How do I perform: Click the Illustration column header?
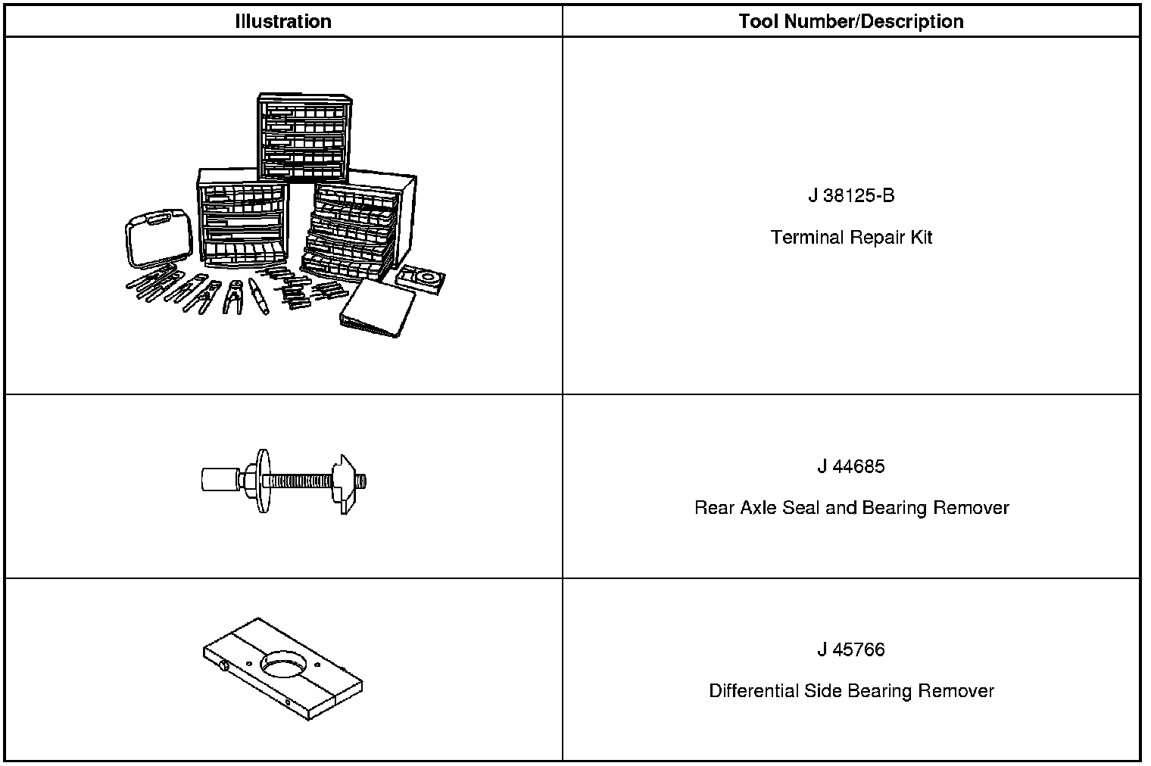pyautogui.click(x=282, y=21)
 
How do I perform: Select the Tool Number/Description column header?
pyautogui.click(x=851, y=21)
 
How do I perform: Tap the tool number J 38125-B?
pyautogui.click(x=851, y=196)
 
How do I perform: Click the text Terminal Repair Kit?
pyautogui.click(x=851, y=238)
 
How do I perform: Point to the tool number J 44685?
pyautogui.click(x=851, y=466)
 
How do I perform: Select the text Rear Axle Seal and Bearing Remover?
pyautogui.click(x=851, y=507)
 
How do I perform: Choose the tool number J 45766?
pyautogui.click(x=851, y=649)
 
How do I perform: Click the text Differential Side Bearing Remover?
pyautogui.click(x=851, y=691)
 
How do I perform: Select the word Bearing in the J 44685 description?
pyautogui.click(x=901, y=507)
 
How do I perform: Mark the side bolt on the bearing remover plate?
pyautogui.click(x=224, y=666)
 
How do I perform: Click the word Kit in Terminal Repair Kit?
pyautogui.click(x=921, y=238)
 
